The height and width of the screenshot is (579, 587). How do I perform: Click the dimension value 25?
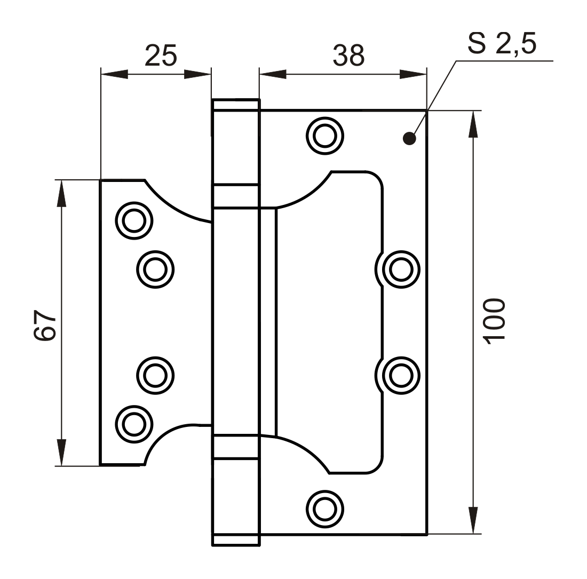click(161, 55)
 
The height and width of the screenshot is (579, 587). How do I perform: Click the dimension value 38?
click(348, 54)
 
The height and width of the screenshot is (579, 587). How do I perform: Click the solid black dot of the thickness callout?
click(409, 139)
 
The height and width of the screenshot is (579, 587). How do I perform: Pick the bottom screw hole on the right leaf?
click(324, 509)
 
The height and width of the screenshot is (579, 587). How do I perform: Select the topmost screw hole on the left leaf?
click(134, 220)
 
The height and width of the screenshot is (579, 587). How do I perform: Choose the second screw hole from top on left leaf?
click(155, 269)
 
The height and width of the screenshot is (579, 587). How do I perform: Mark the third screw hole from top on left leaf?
click(155, 375)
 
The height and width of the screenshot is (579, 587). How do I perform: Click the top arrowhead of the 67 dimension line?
click(61, 193)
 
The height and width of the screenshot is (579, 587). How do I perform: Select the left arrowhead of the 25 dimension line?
click(114, 74)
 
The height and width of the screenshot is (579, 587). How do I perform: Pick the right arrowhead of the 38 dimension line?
click(413, 74)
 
